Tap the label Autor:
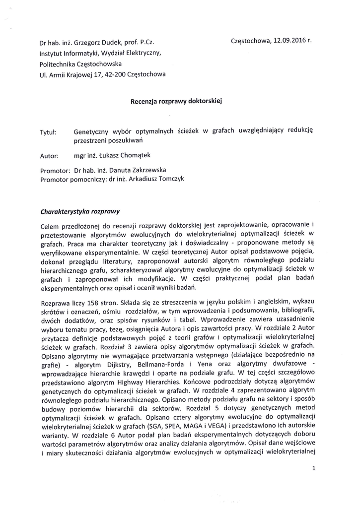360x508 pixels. click(49, 156)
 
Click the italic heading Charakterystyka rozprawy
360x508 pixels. click(79, 210)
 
